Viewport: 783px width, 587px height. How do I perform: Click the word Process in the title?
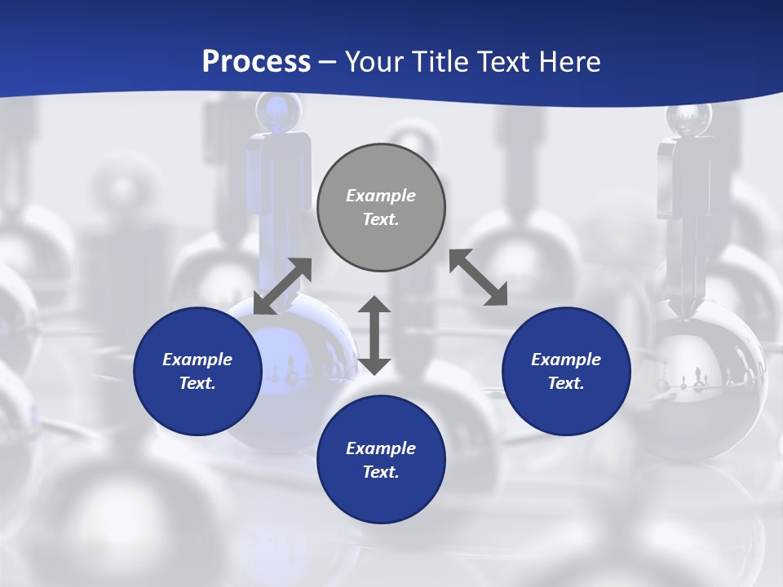coord(256,62)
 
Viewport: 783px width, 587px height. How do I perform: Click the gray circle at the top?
coord(381,208)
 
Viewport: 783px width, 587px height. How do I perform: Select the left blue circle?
coord(197,371)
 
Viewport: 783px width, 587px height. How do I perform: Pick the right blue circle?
coord(566,371)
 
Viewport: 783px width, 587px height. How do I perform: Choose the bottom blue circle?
coord(381,460)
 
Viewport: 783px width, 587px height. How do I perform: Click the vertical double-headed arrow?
coord(374,335)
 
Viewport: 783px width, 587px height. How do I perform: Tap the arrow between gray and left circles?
coord(282,286)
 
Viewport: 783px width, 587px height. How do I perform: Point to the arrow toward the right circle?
coord(479,277)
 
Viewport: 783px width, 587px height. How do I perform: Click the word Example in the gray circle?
coord(381,196)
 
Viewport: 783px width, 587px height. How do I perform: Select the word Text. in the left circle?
coord(197,383)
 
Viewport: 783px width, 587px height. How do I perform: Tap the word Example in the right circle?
coord(566,360)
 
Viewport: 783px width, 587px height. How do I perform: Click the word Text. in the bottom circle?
coord(381,472)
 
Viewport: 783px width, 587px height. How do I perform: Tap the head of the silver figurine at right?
coord(689,118)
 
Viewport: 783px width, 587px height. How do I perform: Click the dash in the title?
coord(328,62)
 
